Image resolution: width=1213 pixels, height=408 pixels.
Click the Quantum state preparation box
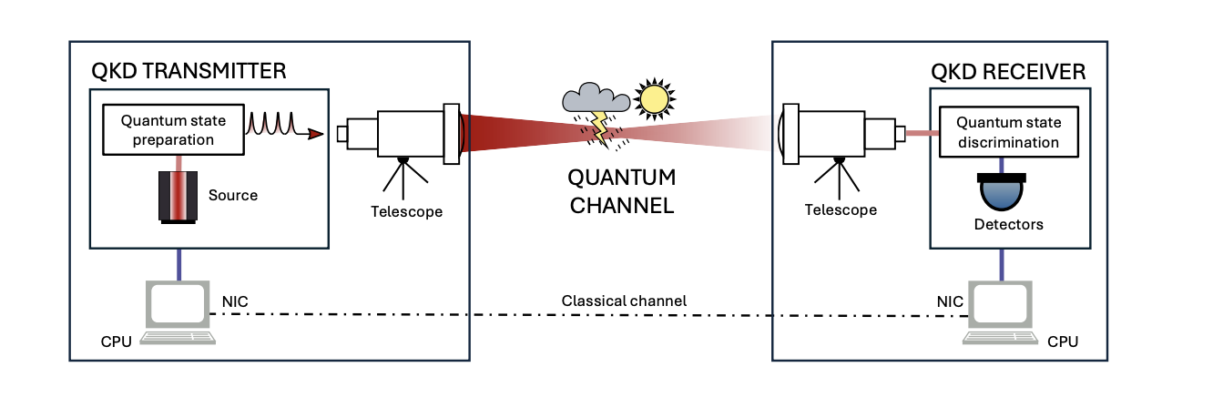tap(172, 129)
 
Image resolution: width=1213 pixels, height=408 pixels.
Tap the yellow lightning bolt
tap(602, 127)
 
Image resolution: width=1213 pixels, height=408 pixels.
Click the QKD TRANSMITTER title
tap(189, 70)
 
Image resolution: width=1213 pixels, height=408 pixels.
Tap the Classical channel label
tap(624, 300)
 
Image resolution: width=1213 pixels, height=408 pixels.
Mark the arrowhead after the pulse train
tap(316, 135)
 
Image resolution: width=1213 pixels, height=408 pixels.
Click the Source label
tap(233, 195)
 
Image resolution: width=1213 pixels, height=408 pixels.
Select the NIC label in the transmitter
tap(235, 299)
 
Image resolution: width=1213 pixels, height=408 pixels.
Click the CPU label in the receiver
tap(1062, 342)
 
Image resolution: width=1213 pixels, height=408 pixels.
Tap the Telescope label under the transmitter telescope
tap(406, 211)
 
